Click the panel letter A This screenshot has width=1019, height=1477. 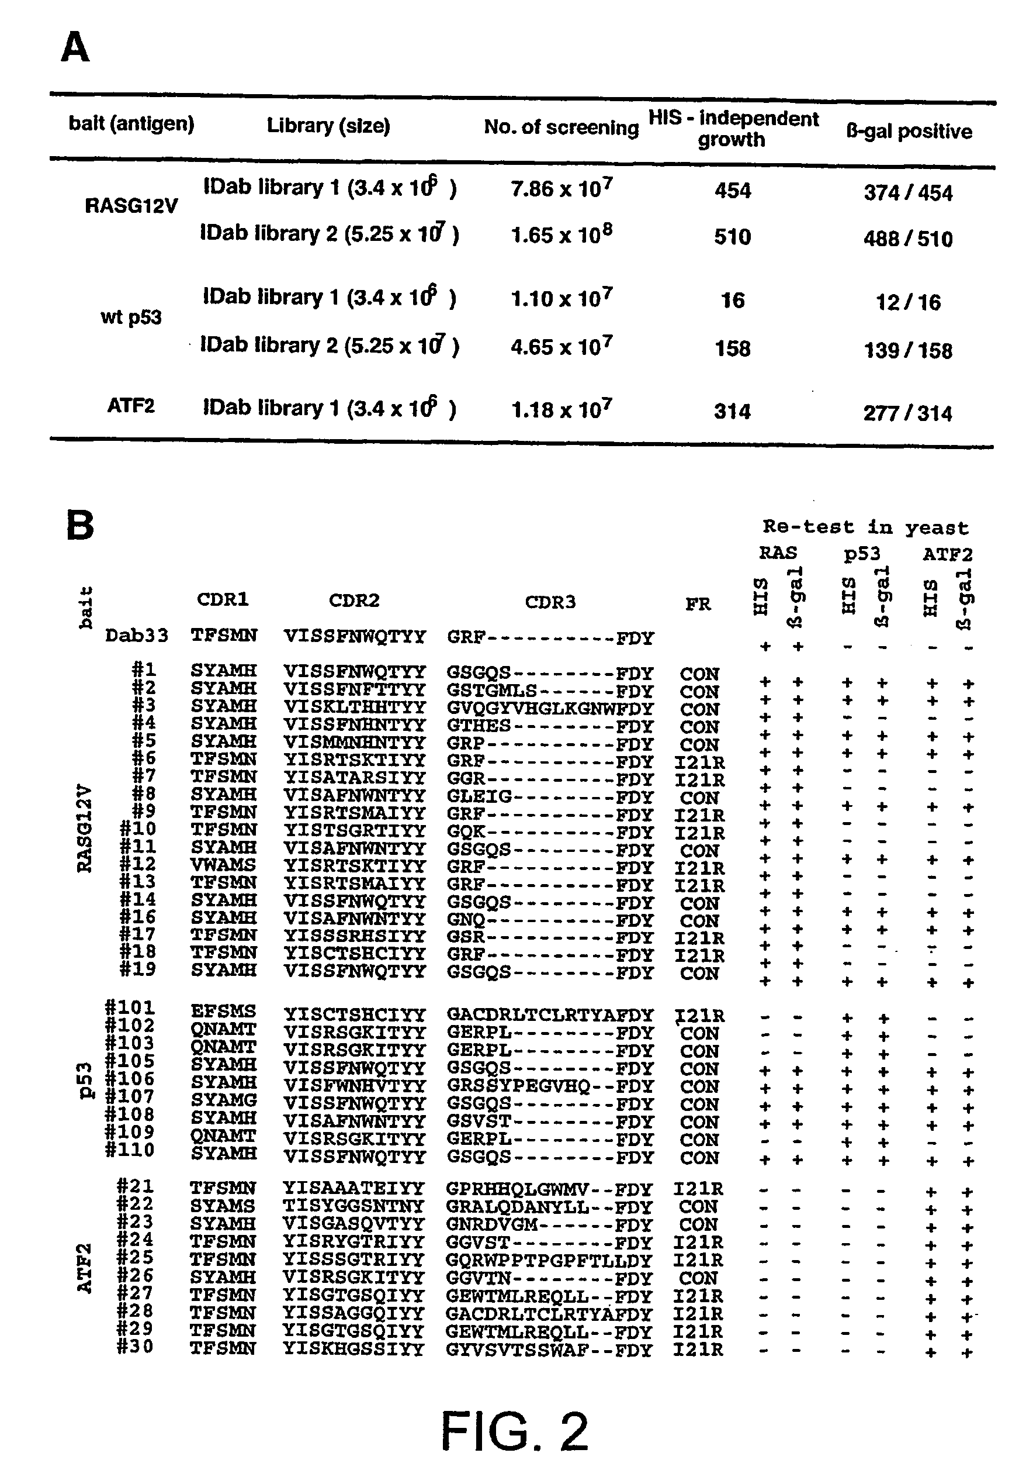[75, 48]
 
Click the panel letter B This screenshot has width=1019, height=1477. [80, 525]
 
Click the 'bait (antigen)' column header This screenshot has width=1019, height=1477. [131, 123]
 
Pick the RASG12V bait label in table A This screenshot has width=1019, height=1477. [131, 206]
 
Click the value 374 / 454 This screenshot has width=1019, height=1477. [908, 192]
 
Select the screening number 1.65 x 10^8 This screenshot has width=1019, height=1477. [562, 234]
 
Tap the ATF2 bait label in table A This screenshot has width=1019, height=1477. [131, 406]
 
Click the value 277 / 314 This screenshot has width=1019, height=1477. [907, 413]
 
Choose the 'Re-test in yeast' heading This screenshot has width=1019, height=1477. [865, 527]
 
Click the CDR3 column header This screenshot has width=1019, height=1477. [550, 602]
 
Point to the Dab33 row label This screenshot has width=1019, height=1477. [137, 636]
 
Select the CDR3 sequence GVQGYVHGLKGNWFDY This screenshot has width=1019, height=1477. [550, 709]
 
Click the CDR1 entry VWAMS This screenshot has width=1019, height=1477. [223, 865]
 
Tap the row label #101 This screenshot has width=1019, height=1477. [130, 1007]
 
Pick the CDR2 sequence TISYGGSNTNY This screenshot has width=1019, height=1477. [353, 1206]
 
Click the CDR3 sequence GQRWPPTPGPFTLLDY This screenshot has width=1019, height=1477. [549, 1261]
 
